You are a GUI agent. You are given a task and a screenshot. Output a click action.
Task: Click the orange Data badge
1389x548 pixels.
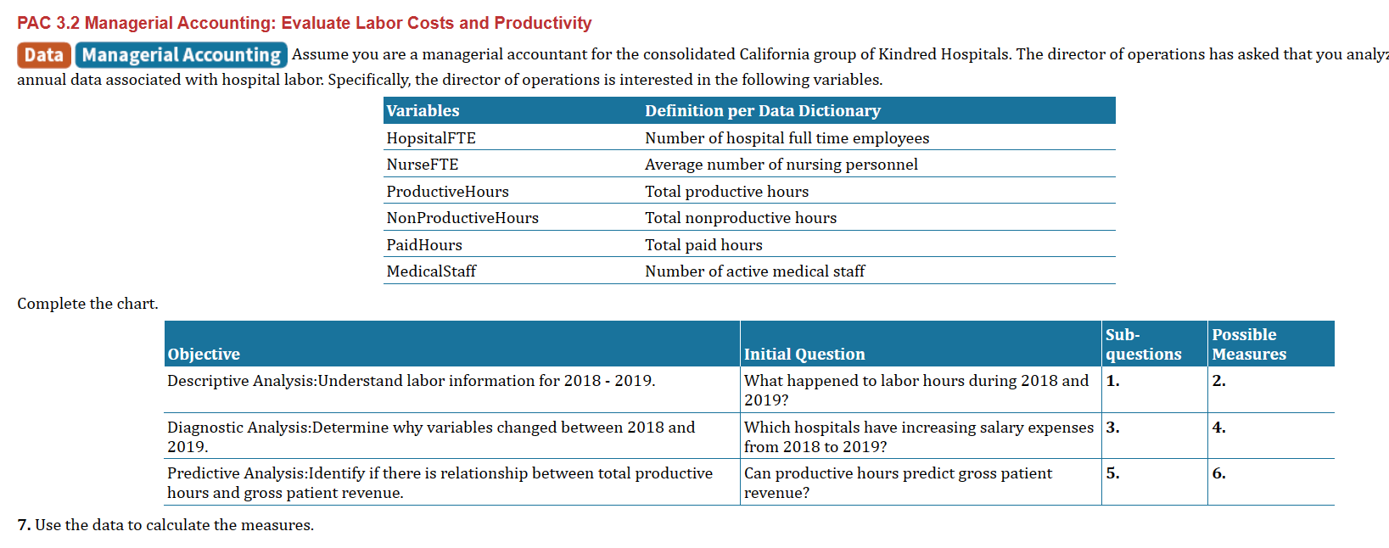pyautogui.click(x=43, y=55)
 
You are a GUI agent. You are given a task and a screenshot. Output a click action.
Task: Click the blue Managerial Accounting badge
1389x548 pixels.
pyautogui.click(x=181, y=55)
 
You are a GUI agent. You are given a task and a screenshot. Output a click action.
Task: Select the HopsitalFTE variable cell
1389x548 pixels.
pyautogui.click(x=431, y=138)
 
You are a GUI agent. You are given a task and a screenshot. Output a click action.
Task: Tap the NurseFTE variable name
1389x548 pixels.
pyautogui.click(x=423, y=165)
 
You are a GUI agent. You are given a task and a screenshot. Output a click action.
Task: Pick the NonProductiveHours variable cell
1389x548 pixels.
pyautogui.click(x=462, y=218)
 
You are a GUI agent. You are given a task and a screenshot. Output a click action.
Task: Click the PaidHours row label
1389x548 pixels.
pyautogui.click(x=424, y=245)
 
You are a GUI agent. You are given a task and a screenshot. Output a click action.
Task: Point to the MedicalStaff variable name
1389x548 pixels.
pyautogui.click(x=431, y=271)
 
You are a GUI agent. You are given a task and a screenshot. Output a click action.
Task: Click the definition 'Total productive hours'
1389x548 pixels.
pyautogui.click(x=726, y=192)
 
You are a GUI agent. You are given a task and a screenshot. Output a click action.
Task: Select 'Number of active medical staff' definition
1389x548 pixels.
pyautogui.click(x=754, y=271)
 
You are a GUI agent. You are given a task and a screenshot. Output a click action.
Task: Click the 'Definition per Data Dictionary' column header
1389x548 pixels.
pyautogui.click(x=762, y=111)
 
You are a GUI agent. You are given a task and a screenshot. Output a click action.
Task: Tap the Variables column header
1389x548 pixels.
pyautogui.click(x=423, y=111)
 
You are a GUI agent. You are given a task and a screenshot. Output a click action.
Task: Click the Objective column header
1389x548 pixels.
pyautogui.click(x=204, y=355)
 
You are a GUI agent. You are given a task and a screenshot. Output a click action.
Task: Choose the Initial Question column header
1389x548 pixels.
pyautogui.click(x=804, y=355)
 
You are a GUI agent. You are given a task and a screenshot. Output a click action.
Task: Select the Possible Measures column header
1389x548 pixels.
pyautogui.click(x=1248, y=344)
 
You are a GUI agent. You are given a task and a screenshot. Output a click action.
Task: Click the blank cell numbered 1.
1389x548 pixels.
pyautogui.click(x=1153, y=389)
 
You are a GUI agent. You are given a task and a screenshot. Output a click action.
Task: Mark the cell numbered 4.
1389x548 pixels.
pyautogui.click(x=1269, y=435)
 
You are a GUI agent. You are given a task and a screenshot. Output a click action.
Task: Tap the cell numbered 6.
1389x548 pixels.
pyautogui.click(x=1269, y=482)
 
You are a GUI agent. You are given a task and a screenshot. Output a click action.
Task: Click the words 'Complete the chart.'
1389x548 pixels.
pyautogui.click(x=87, y=304)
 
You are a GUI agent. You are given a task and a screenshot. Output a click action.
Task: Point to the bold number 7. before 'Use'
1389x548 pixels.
pyautogui.click(x=24, y=525)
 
